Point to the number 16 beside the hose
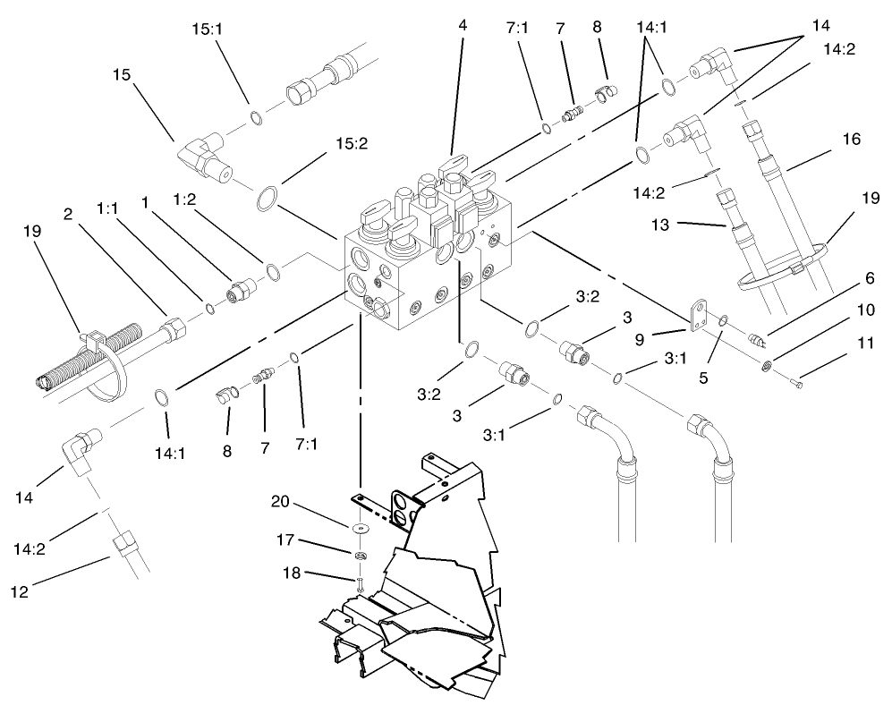[x=849, y=140]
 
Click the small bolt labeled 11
[x=799, y=384]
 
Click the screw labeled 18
[x=358, y=586]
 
